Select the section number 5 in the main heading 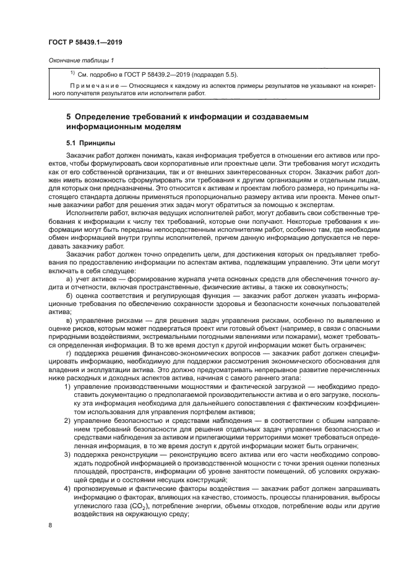(x=69, y=116)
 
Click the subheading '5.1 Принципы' (x=92, y=142)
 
